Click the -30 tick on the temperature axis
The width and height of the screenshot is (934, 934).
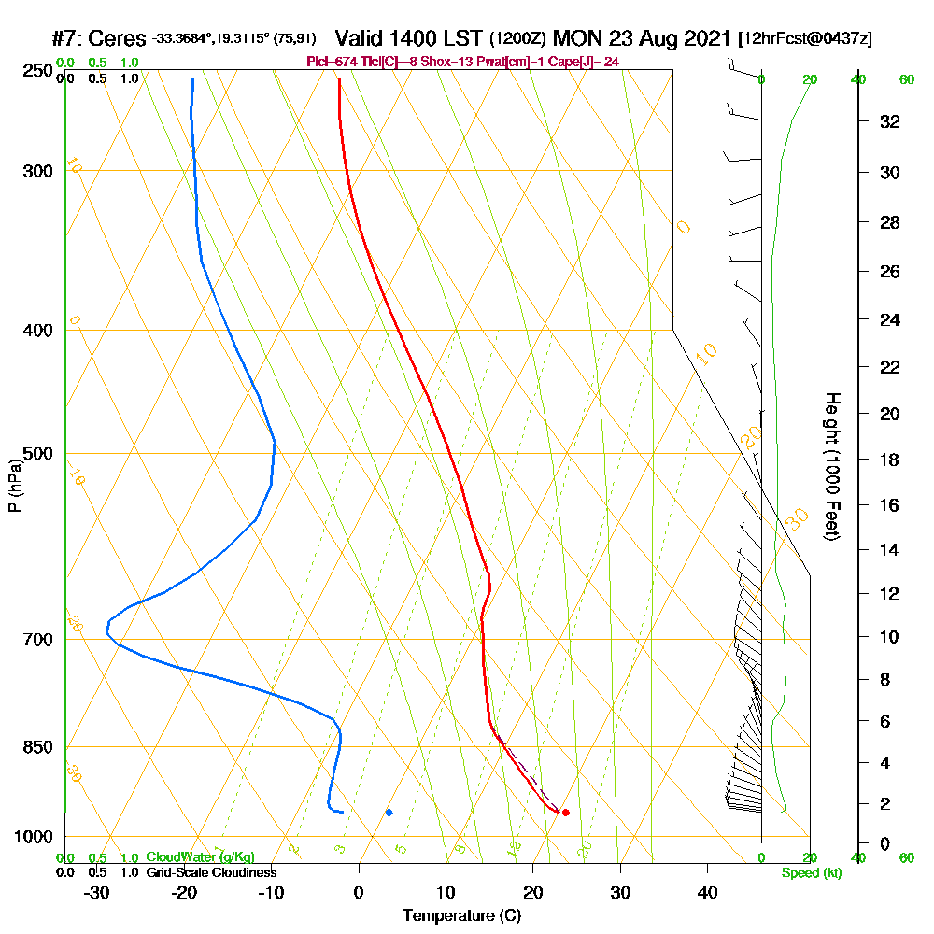click(97, 893)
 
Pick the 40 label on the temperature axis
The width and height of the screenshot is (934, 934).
click(707, 893)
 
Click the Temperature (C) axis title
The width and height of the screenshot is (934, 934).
click(461, 916)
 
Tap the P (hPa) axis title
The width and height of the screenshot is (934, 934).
click(14, 486)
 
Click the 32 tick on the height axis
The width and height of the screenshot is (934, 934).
click(890, 121)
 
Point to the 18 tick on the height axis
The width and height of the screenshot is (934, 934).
click(890, 460)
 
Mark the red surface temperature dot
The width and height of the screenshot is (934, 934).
click(565, 812)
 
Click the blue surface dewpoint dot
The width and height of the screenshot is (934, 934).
click(389, 812)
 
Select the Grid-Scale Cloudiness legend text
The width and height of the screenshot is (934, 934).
click(210, 872)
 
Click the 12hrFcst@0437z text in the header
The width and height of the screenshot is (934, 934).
click(805, 39)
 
